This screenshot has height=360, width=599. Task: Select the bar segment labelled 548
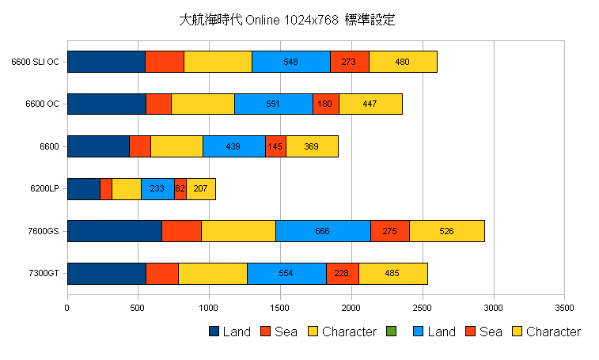click(290, 62)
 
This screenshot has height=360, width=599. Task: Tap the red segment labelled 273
click(349, 62)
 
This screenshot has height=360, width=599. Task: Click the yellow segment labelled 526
click(446, 231)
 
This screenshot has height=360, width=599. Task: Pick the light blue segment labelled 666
click(323, 231)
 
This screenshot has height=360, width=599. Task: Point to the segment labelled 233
click(157, 189)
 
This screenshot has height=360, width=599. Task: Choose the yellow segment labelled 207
click(200, 189)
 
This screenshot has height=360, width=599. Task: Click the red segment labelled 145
click(275, 146)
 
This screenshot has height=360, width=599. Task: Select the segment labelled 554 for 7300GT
click(286, 274)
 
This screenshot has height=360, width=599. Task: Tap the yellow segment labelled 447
click(370, 104)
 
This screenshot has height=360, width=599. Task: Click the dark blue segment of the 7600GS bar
click(115, 231)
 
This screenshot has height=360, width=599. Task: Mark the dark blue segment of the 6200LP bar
click(84, 189)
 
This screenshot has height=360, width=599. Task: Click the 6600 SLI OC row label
click(35, 62)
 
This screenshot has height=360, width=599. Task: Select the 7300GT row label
click(44, 274)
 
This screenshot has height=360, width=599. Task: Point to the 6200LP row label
click(44, 189)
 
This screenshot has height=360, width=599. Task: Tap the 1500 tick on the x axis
click(280, 308)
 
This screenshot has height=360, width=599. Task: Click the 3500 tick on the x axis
click(564, 308)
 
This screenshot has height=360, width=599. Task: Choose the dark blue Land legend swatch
click(214, 332)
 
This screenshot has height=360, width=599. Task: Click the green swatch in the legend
click(390, 332)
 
